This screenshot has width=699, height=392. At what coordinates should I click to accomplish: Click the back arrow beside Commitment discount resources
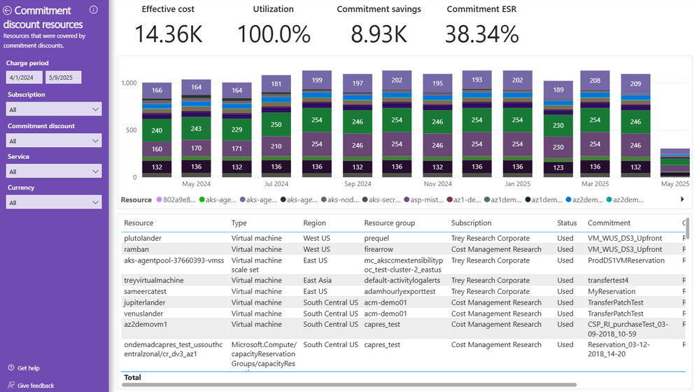coord(8,10)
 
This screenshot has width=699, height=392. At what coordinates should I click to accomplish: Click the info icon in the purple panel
coord(94,10)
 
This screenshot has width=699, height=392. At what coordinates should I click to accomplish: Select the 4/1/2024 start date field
coord(24,78)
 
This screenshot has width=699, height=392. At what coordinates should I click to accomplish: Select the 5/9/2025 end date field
coord(63,78)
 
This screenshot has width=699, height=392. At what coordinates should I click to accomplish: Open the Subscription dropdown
coord(54,109)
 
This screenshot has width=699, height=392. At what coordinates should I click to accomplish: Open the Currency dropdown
coord(54,202)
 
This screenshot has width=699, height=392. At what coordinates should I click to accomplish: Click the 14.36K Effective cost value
coord(168,34)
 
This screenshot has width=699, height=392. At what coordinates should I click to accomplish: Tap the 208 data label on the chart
coord(595,80)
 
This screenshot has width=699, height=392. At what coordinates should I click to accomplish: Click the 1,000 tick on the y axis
coord(129,83)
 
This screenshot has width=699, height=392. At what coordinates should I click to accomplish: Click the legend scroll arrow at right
coord(682,199)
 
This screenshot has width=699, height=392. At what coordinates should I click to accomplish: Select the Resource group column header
coord(389,223)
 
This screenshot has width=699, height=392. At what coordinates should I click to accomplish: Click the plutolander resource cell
coord(142,238)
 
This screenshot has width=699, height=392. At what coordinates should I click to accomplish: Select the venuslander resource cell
coord(145,314)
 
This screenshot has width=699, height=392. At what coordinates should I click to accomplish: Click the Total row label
coord(132,377)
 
